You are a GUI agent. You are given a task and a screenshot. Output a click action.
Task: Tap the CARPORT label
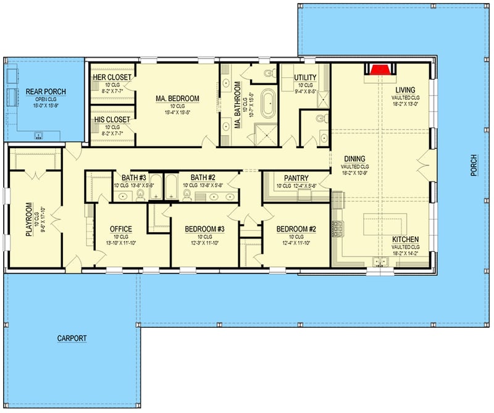[72, 338]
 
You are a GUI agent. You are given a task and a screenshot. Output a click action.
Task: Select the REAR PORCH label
[46, 92]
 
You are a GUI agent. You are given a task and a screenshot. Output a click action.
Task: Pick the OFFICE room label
[120, 229]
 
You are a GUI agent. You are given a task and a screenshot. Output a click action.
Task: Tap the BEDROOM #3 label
[204, 229]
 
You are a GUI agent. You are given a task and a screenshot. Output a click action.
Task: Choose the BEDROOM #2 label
[296, 229]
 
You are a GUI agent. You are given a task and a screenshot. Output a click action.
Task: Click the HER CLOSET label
[112, 77]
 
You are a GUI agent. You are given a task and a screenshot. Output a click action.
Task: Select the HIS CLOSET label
[112, 119]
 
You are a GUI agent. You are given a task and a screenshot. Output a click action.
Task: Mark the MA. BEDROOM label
[177, 98]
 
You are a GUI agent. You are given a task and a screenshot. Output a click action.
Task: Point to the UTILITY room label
[304, 77]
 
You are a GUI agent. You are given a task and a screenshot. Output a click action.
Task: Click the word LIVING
[406, 90]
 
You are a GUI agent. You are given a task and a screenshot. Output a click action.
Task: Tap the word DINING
[354, 158]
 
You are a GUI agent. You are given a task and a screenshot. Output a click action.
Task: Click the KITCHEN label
[406, 239]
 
